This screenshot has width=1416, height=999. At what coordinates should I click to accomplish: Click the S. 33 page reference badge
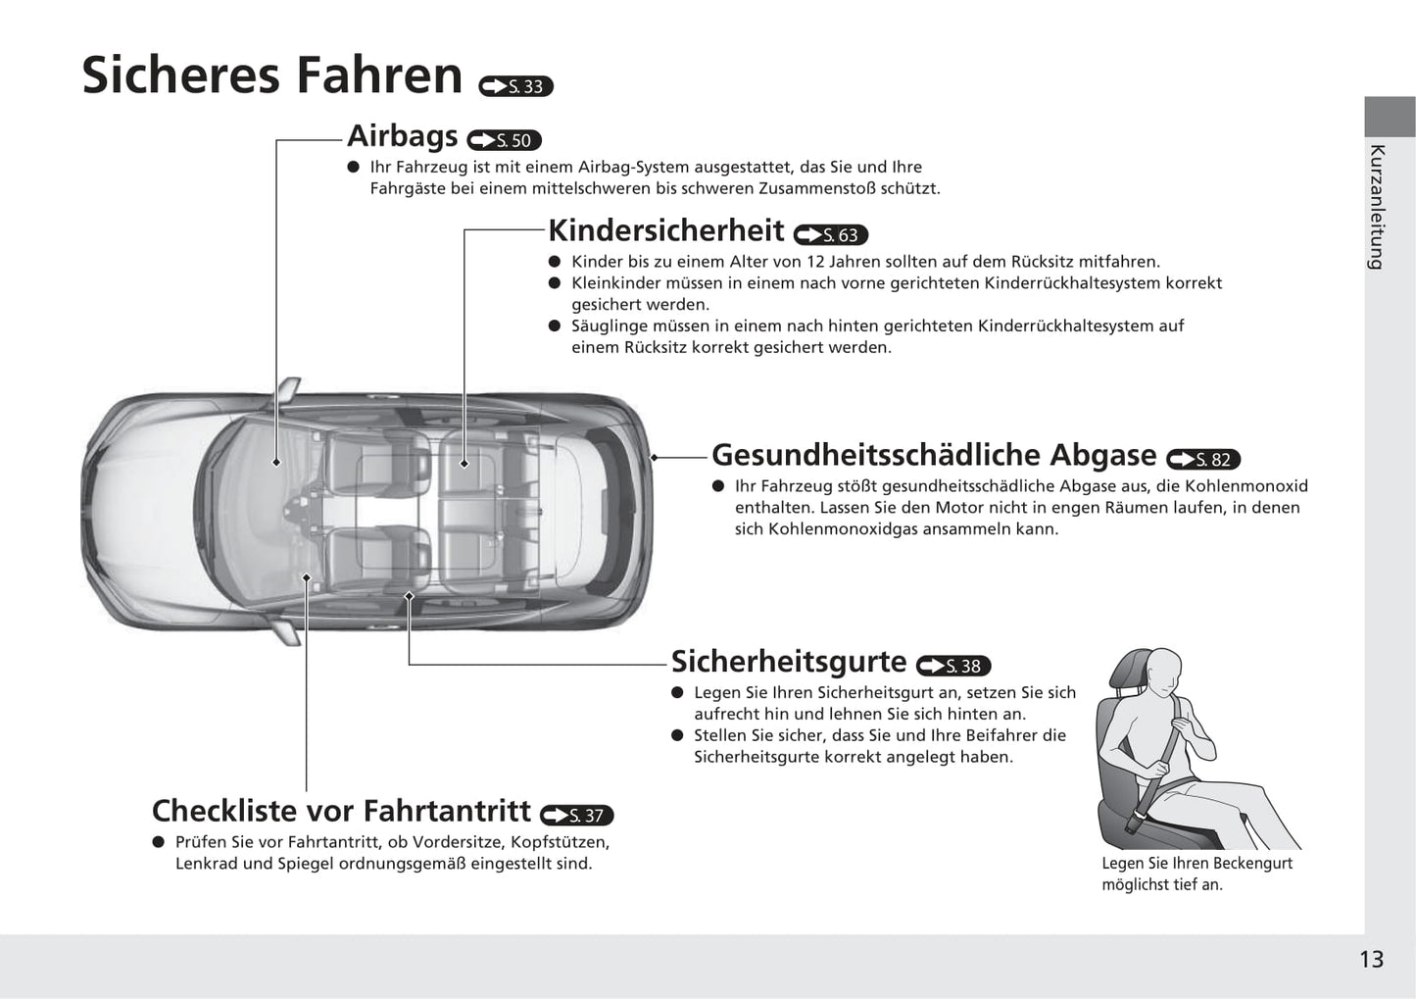515,86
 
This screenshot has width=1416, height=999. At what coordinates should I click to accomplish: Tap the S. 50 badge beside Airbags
504,140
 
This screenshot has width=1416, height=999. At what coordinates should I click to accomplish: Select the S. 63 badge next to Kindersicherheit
831,234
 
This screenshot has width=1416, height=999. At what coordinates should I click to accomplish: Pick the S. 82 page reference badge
1203,459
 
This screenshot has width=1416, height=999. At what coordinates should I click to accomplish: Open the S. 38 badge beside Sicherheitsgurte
953,665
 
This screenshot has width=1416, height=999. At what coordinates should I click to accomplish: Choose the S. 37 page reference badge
576,815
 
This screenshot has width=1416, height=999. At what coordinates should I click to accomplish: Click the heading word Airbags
402,136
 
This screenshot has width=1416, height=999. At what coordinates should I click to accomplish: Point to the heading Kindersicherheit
665,230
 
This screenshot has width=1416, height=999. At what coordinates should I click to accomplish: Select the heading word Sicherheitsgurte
789,662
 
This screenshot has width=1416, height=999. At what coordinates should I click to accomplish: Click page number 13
1372,959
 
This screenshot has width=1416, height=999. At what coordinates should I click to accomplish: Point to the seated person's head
1164,671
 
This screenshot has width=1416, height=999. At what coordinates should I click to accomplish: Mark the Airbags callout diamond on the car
276,462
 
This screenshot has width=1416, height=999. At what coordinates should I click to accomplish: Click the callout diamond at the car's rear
655,457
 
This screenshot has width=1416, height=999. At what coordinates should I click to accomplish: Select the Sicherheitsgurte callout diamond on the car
409,596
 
